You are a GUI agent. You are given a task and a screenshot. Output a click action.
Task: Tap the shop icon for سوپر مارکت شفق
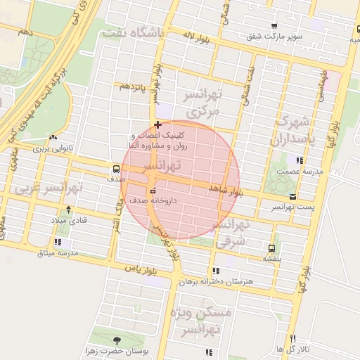(x=274, y=25)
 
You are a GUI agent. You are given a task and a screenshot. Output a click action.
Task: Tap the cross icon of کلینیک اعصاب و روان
(x=157, y=124)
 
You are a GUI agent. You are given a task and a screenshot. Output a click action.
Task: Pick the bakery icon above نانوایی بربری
(x=53, y=137)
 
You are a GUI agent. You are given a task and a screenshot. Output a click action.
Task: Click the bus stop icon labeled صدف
(x=116, y=169)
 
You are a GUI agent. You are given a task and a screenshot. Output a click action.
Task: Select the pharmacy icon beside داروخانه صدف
(x=153, y=191)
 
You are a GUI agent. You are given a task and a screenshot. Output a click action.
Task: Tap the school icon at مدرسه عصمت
(x=300, y=161)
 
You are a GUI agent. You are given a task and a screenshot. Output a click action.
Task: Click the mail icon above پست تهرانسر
(x=292, y=196)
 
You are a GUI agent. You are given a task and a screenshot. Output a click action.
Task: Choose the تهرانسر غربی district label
(x=49, y=188)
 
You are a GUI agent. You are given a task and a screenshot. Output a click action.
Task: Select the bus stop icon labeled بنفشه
(x=271, y=248)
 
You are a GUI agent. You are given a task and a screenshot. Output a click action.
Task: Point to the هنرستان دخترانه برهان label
(x=214, y=281)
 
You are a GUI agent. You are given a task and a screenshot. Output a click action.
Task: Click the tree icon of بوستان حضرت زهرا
(x=117, y=340)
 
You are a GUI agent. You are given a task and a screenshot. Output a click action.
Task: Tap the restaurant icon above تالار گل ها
(x=292, y=338)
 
